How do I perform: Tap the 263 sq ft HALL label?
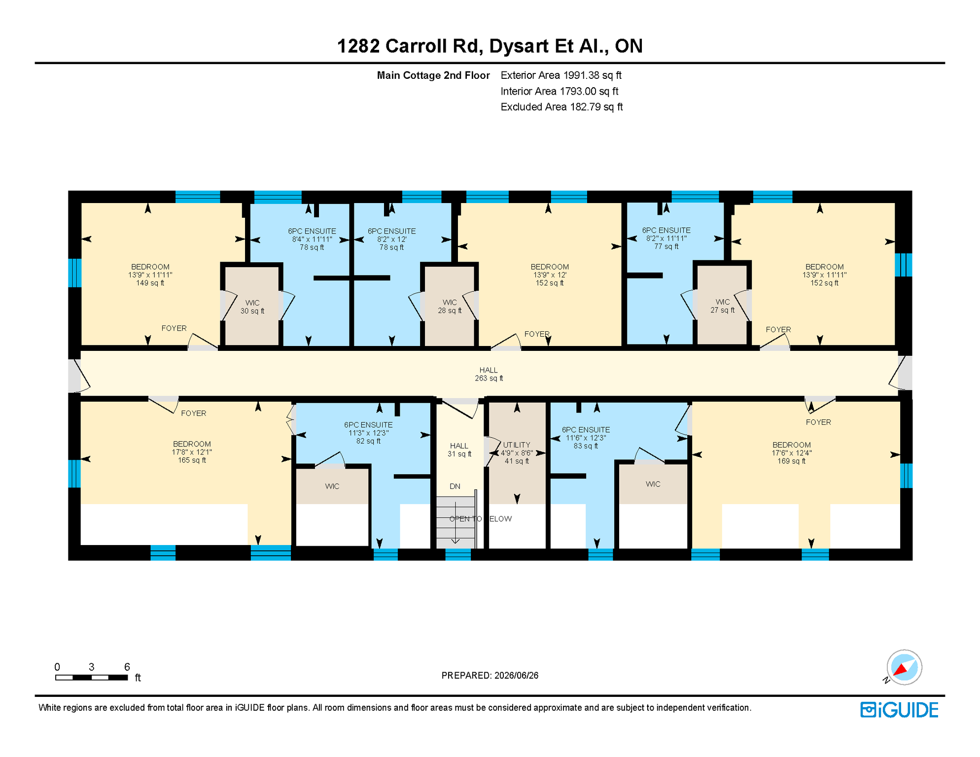489,374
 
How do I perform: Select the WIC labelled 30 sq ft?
252,307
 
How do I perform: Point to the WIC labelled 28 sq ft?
450,306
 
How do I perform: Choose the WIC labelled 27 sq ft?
723,306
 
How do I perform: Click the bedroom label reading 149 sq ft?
150,275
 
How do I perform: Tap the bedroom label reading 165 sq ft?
192,452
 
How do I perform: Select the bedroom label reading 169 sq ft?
792,453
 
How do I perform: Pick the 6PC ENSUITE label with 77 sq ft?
666,238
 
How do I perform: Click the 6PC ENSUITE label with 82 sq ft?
368,433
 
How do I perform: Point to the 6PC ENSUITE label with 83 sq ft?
586,438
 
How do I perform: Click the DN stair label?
455,486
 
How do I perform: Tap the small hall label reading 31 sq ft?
459,449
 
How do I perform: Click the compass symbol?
904,667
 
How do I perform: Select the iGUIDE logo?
900,710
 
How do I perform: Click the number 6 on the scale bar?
127,667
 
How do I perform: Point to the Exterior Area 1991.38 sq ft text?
561,75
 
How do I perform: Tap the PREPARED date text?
490,675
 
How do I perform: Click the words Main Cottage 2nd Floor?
433,75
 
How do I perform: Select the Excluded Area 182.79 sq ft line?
561,107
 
